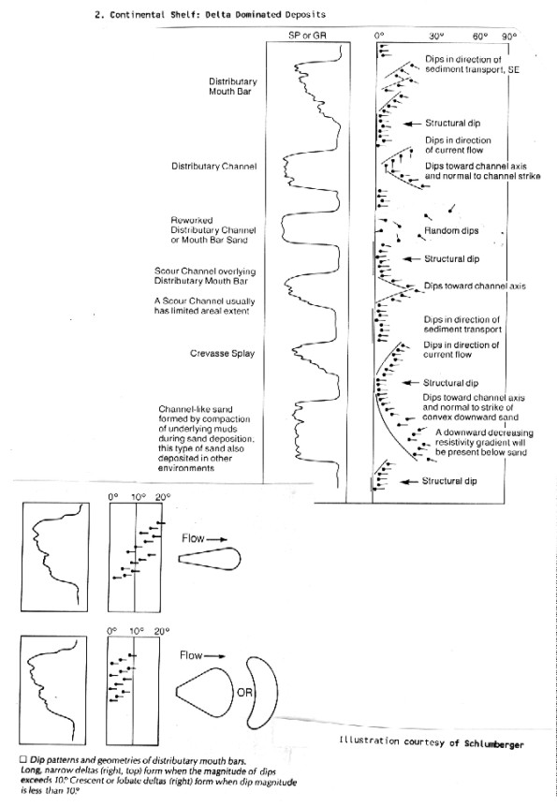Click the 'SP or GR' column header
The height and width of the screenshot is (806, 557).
307,36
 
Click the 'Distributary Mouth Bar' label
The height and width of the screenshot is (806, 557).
233,86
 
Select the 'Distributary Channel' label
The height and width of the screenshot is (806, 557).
213,167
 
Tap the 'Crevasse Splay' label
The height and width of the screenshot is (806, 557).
222,354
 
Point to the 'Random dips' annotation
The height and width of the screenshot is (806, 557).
451,231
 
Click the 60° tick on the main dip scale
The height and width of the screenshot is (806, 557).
480,37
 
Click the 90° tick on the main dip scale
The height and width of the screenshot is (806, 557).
508,37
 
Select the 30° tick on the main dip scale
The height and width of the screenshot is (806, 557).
436,37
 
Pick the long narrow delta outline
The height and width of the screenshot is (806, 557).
210,559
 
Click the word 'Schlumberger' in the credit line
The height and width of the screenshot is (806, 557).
493,744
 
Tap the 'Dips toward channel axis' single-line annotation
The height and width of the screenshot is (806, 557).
475,286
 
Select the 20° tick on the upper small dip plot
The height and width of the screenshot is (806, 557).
162,497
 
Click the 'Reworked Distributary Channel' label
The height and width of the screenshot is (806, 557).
213,226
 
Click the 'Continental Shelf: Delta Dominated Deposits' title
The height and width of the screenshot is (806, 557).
210,14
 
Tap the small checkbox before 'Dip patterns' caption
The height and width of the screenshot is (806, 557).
22,759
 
